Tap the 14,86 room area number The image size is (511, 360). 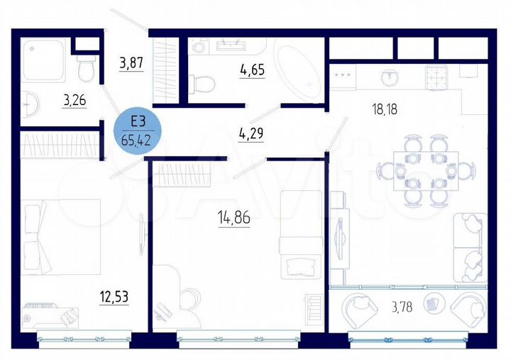[235, 217]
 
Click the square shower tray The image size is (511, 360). [43, 61]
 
